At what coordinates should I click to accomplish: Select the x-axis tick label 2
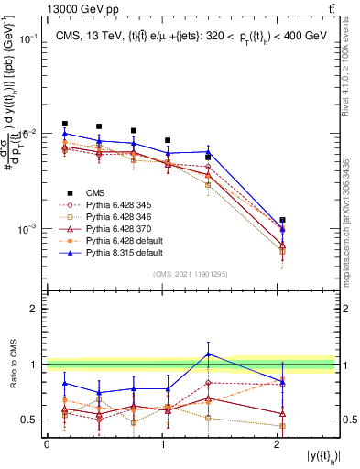(278, 443)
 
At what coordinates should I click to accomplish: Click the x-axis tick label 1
(162, 443)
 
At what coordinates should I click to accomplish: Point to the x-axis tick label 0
(47, 443)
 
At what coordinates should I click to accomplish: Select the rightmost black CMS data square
(283, 220)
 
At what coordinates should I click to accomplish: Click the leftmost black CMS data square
(64, 124)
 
